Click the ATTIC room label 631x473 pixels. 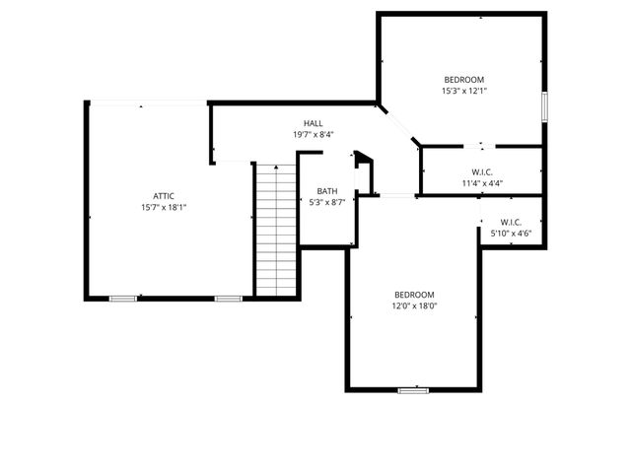[164, 195]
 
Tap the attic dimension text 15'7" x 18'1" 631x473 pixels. [164, 207]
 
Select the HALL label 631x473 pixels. [313, 123]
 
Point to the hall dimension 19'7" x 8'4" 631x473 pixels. [313, 135]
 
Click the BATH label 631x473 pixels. [326, 191]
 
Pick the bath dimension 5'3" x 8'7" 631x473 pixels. [326, 202]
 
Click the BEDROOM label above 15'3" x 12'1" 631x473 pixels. [463, 80]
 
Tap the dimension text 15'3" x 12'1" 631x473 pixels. [463, 91]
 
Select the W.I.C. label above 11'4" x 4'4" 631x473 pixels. [482, 171]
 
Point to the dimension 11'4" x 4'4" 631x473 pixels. [482, 182]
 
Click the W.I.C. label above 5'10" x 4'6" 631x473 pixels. [511, 222]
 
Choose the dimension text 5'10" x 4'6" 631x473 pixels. [511, 234]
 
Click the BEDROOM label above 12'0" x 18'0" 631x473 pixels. [414, 295]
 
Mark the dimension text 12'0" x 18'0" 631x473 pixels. [414, 305]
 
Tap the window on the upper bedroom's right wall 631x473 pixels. [543, 106]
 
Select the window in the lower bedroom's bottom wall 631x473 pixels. [413, 391]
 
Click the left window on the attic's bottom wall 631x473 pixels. [123, 298]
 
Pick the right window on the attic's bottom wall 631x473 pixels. [229, 298]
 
